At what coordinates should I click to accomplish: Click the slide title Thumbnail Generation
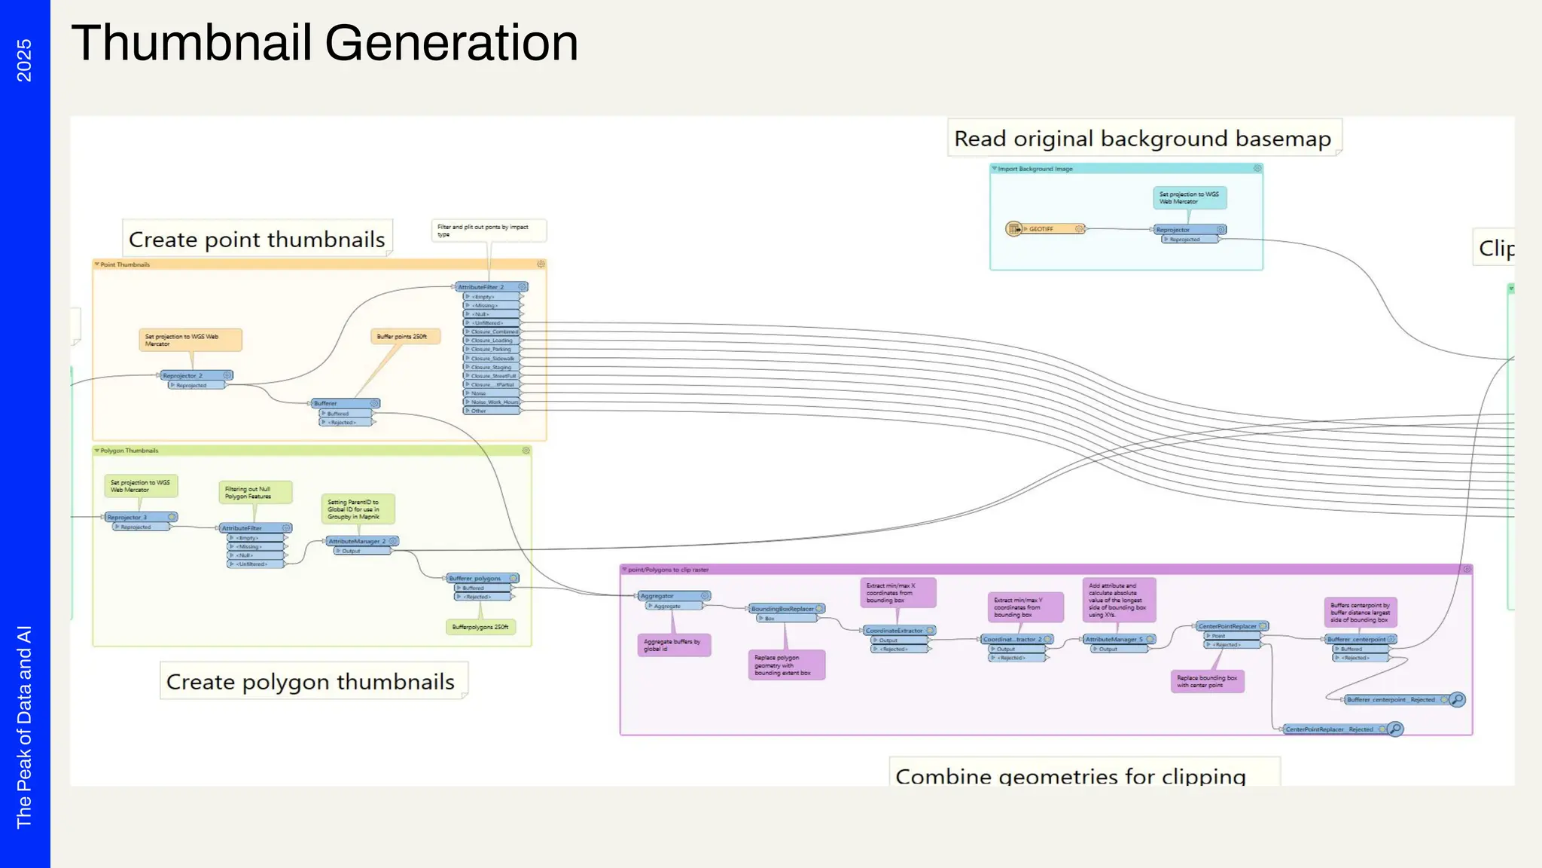(325, 43)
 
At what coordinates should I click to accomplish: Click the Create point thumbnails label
(257, 240)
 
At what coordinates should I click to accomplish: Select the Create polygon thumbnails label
(310, 682)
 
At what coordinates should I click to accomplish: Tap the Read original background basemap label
(1142, 139)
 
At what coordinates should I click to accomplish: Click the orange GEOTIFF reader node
(1045, 228)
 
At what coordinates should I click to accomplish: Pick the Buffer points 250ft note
(404, 337)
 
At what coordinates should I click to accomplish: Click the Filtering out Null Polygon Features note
(254, 493)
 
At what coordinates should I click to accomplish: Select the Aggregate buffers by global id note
(673, 645)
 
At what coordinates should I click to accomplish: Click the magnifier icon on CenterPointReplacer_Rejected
(1395, 729)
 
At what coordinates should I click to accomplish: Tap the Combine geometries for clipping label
(1070, 775)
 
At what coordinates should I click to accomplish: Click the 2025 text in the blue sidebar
(24, 60)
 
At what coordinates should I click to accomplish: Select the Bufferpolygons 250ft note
(480, 627)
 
